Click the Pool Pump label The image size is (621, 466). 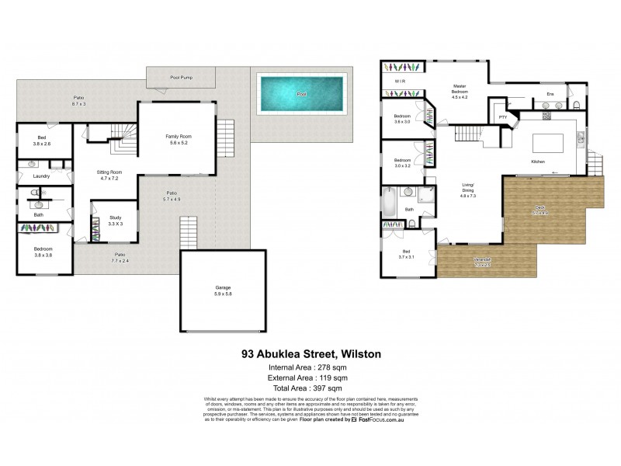[x=181, y=78]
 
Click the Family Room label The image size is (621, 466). [x=178, y=137]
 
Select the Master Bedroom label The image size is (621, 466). [x=461, y=89]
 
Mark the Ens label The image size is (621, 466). [x=550, y=94]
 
